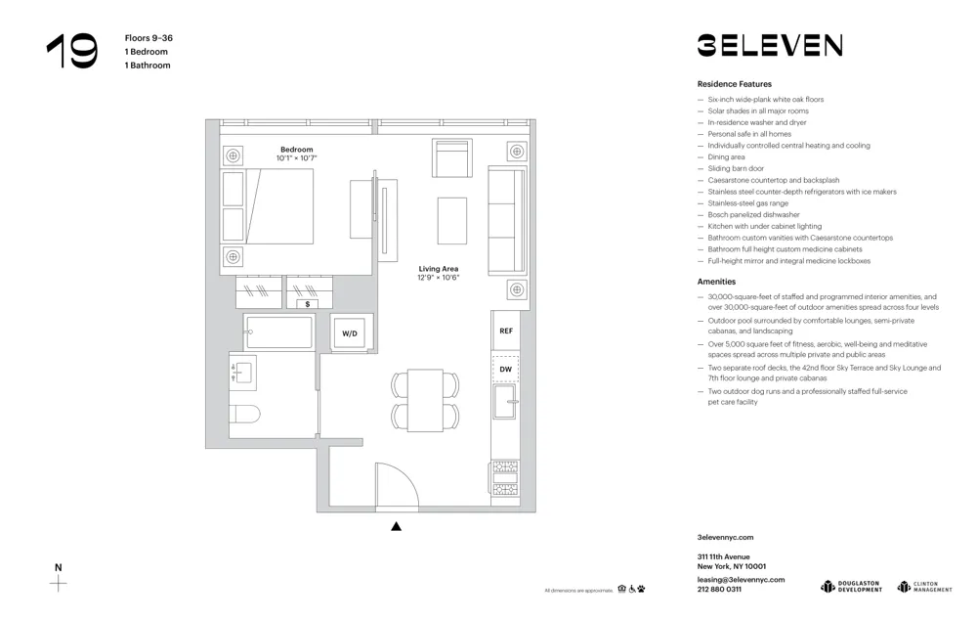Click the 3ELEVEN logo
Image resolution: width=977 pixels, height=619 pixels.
pyautogui.click(x=770, y=45)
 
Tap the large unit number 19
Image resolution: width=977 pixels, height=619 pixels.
pyautogui.click(x=72, y=51)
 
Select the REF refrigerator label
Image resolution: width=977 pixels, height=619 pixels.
pyautogui.click(x=506, y=332)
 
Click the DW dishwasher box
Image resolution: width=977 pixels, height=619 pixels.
pyautogui.click(x=506, y=370)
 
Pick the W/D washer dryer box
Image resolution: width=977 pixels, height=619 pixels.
pyautogui.click(x=350, y=333)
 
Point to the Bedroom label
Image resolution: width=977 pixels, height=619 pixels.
pyautogui.click(x=296, y=150)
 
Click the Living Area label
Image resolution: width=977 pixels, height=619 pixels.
pyautogui.click(x=439, y=269)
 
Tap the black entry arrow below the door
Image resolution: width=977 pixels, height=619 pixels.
pyautogui.click(x=397, y=526)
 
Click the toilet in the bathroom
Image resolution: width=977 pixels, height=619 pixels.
pyautogui.click(x=245, y=414)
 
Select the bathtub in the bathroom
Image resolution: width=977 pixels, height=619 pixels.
pyautogui.click(x=279, y=332)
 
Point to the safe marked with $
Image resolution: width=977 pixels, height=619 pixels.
pyautogui.click(x=308, y=304)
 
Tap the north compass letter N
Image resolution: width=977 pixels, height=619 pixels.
pyautogui.click(x=58, y=567)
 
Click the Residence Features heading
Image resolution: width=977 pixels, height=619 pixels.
pyautogui.click(x=734, y=84)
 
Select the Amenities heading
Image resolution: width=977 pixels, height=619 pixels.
pyautogui.click(x=716, y=282)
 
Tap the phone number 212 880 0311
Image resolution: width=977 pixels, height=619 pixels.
pyautogui.click(x=719, y=590)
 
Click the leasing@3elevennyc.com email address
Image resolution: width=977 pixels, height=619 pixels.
pyautogui.click(x=741, y=579)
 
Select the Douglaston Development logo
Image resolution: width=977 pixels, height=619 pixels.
pyautogui.click(x=851, y=587)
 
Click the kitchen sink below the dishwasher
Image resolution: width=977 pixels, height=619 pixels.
pyautogui.click(x=505, y=402)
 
